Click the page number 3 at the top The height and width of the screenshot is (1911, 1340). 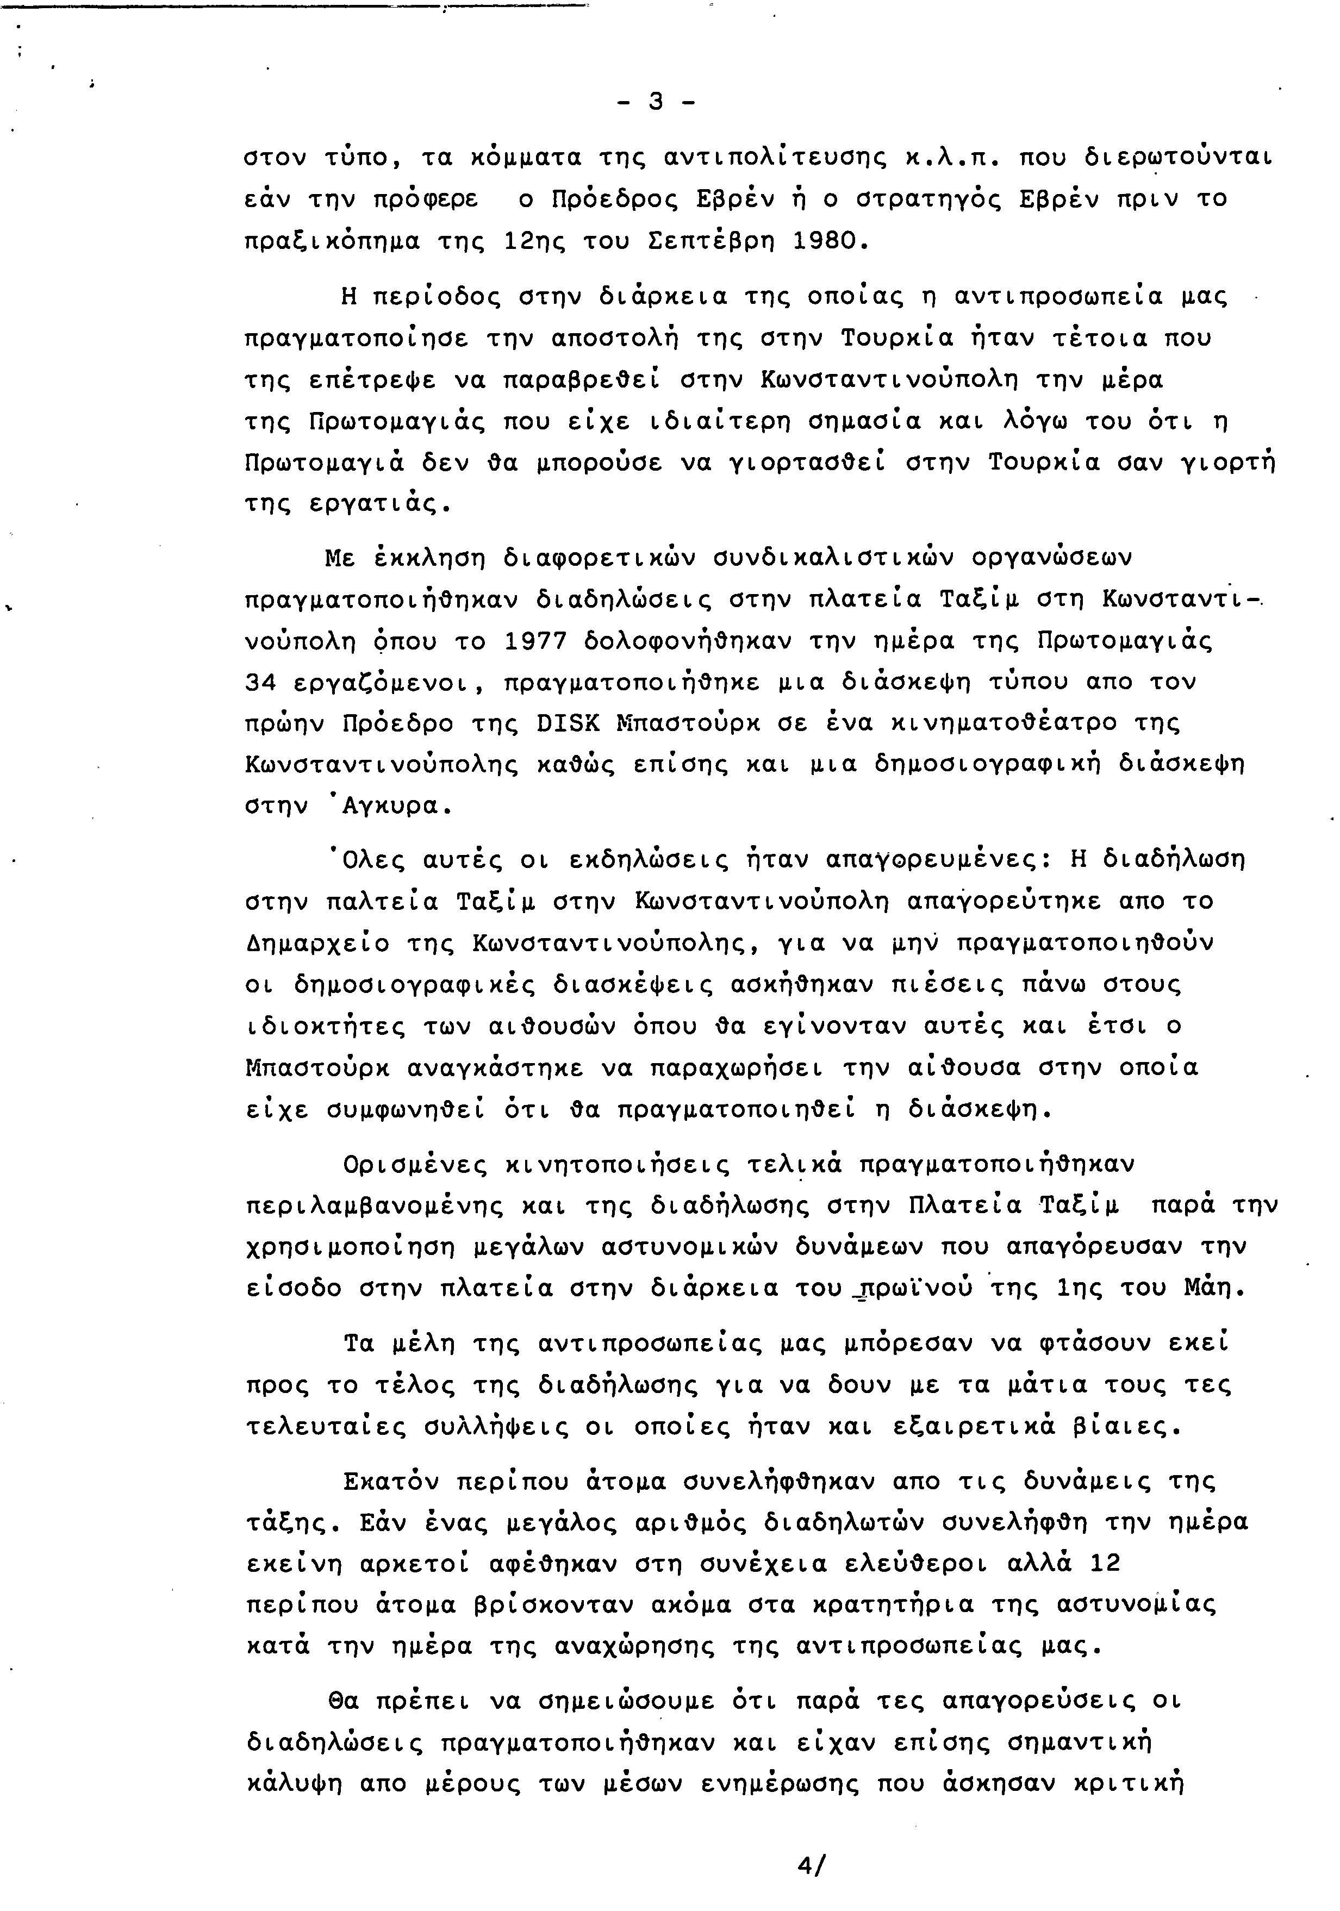tap(655, 102)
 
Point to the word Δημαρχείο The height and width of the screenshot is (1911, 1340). tap(318, 943)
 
